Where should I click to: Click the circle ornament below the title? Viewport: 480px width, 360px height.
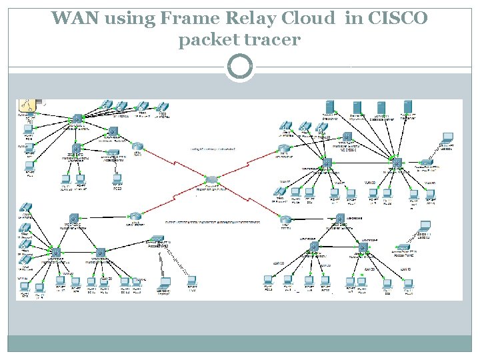(x=240, y=67)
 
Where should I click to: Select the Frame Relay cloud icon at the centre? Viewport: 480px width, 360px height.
(x=212, y=180)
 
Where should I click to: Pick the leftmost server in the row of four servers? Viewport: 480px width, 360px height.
(x=329, y=107)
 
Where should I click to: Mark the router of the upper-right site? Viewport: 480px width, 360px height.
(x=285, y=148)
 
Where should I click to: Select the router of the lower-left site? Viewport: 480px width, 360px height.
(x=135, y=216)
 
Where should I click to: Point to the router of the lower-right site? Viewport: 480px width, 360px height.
(x=285, y=218)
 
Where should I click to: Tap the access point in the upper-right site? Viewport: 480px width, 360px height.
(x=425, y=162)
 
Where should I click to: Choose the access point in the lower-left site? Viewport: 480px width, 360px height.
(x=157, y=239)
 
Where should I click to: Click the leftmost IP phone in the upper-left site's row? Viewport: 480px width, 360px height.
(x=107, y=104)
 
